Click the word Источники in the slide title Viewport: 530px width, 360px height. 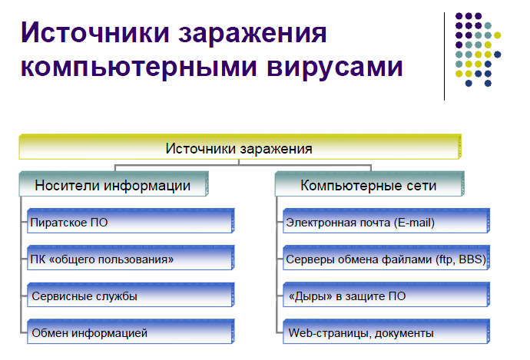95,33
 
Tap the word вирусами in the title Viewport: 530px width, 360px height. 335,67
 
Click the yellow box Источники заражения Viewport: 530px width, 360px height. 240,147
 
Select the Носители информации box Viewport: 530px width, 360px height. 114,183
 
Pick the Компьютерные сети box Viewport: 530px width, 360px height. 369,183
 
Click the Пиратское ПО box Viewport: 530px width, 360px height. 131,221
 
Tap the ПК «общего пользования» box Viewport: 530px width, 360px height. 131,258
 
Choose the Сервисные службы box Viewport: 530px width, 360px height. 131,295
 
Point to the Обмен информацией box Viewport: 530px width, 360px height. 131,332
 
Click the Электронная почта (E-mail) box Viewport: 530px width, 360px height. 386,221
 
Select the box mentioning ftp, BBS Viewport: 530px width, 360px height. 386,258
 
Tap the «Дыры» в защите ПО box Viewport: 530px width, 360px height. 386,295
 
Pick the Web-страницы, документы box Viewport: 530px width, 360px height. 386,332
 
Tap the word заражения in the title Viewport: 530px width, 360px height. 253,34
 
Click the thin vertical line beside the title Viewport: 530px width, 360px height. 444,56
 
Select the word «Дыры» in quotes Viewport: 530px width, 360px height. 310,296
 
